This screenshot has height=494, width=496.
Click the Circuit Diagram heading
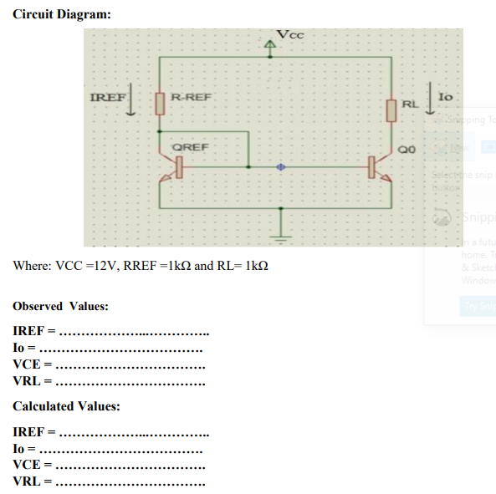(x=62, y=15)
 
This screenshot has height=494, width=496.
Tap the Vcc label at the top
(x=291, y=34)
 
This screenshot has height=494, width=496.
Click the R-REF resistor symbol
(x=160, y=103)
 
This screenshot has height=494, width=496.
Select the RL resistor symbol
(x=391, y=109)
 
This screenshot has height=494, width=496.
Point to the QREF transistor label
(x=190, y=147)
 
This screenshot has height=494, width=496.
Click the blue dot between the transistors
(x=282, y=167)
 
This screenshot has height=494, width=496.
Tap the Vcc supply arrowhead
(x=270, y=44)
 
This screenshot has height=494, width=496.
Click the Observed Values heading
(x=61, y=306)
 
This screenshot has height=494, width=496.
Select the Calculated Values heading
(x=66, y=406)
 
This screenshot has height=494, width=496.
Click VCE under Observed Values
(x=31, y=365)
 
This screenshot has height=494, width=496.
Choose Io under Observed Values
(x=21, y=349)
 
